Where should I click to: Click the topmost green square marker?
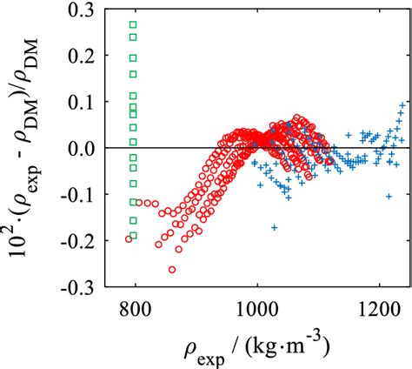[x=133, y=24]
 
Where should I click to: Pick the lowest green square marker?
[x=133, y=235]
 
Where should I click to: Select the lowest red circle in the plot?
[x=172, y=270]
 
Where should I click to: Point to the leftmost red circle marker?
[x=129, y=238]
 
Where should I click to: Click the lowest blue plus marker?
[x=275, y=227]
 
